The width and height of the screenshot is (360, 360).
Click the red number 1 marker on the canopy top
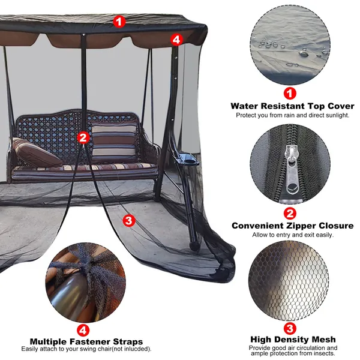(x=119, y=22)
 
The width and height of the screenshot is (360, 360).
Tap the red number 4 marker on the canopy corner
(x=176, y=40)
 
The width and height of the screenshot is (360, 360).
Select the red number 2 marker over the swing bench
(x=83, y=138)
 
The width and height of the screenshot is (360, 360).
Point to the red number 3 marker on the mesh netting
(x=129, y=221)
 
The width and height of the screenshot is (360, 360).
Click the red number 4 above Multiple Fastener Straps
(x=83, y=331)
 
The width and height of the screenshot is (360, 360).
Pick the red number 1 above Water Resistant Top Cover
(x=290, y=94)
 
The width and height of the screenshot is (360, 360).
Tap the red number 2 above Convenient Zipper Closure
(x=290, y=214)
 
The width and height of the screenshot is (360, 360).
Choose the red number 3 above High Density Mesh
(x=290, y=328)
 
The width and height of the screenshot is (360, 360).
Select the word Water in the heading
(x=244, y=106)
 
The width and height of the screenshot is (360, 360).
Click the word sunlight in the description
(x=335, y=115)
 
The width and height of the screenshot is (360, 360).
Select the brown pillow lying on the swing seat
(x=36, y=152)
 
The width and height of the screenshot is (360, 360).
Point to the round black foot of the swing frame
(x=194, y=246)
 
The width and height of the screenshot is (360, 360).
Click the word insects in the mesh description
(x=326, y=353)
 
